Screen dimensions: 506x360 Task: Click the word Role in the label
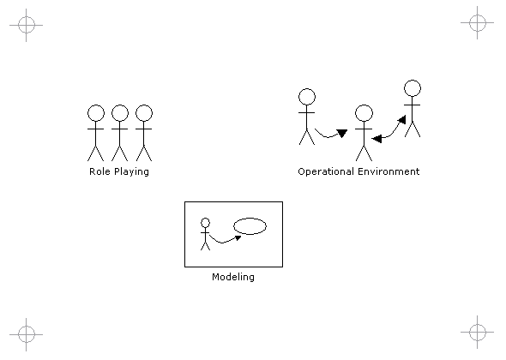[x=99, y=171]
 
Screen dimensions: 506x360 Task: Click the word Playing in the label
[x=132, y=172]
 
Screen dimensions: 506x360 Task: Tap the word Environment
[x=389, y=171]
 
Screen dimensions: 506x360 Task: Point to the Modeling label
[x=233, y=277]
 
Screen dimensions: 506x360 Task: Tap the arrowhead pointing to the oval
[x=238, y=237]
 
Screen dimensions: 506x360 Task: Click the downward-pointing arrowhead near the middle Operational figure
[x=341, y=133]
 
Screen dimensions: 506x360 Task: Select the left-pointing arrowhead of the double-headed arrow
[x=376, y=139]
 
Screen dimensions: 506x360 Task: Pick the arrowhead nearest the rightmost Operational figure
[x=401, y=120]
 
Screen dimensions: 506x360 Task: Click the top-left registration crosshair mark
[x=26, y=25]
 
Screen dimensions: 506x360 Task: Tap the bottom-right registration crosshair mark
[x=478, y=332]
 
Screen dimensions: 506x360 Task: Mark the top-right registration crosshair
[x=478, y=22]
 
